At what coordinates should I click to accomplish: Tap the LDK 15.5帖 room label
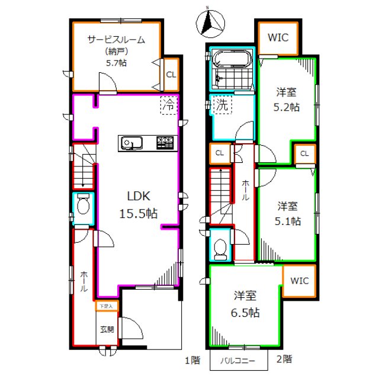(140, 205)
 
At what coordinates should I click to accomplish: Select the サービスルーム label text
(115, 40)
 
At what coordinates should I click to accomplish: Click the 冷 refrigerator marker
(169, 106)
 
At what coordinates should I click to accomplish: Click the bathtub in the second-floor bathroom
(232, 59)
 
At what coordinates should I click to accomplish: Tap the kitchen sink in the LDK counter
(130, 143)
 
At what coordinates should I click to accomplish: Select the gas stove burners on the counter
(165, 143)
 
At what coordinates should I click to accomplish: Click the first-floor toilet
(83, 206)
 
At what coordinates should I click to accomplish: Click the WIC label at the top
(277, 38)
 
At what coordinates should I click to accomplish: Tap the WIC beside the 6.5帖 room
(299, 281)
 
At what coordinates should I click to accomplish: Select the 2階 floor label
(285, 358)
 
